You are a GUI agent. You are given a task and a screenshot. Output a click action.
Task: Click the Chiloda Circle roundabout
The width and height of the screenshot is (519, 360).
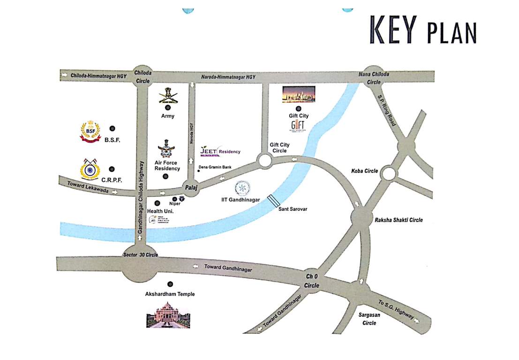tap(143, 76)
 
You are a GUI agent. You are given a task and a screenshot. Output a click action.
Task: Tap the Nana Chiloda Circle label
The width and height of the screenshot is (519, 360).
tap(374, 78)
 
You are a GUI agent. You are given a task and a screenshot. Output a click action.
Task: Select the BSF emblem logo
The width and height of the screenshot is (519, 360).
tap(90, 131)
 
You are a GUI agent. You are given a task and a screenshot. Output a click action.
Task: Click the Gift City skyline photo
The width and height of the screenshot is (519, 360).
tap(299, 94)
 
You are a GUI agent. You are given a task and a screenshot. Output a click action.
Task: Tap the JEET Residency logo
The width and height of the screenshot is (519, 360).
tap(220, 150)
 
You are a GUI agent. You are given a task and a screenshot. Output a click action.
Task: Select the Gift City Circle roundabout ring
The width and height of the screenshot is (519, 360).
tap(265, 161)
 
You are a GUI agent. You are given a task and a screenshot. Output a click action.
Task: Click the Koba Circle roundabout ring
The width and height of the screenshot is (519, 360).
tap(389, 174)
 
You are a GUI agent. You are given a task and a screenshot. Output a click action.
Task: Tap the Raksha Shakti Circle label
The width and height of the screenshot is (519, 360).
tap(399, 220)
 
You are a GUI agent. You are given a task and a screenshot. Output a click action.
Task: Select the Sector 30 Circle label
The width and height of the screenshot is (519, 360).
tap(140, 255)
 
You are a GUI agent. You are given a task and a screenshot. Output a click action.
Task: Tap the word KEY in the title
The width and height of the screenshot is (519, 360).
tap(393, 30)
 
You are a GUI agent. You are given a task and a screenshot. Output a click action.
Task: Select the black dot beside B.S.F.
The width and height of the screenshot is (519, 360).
tap(112, 128)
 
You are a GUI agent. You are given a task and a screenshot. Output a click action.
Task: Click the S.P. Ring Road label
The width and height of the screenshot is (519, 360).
tap(387, 111)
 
